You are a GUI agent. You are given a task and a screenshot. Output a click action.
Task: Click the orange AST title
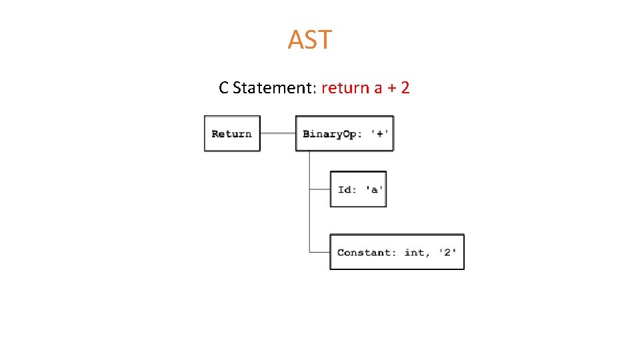309,40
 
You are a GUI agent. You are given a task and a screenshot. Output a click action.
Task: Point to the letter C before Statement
224,87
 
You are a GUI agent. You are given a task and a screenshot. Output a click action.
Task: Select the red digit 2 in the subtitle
405,87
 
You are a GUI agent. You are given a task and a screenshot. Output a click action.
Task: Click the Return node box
232,134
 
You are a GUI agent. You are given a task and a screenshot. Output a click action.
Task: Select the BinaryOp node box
345,134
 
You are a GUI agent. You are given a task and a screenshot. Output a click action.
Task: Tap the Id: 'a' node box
358,189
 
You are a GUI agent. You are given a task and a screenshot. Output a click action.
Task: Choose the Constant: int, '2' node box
397,252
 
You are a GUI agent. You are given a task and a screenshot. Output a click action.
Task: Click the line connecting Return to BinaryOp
277,133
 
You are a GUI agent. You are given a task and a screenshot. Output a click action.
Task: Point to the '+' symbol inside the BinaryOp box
381,134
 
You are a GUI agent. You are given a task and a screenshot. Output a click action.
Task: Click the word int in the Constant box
415,252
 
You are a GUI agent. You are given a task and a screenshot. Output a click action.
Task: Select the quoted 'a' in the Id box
374,189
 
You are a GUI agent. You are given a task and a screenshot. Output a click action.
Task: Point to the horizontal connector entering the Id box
320,189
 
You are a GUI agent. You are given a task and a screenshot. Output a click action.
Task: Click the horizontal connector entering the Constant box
320,251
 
